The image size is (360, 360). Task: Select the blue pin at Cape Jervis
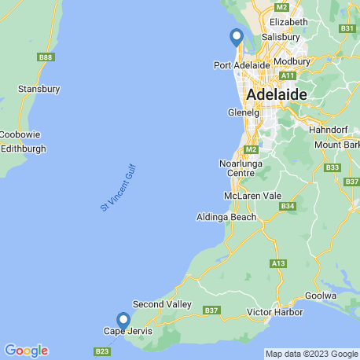[x=123, y=321]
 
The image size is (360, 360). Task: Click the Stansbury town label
[x=39, y=90]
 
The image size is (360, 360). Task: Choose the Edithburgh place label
[x=24, y=149]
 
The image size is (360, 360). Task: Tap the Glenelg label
[x=242, y=112]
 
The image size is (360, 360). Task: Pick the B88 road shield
[x=46, y=57]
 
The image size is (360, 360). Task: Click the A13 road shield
[x=279, y=263]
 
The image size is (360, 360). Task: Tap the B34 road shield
[x=288, y=207]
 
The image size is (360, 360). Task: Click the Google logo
[x=26, y=351]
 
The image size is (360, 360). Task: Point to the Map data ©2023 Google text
[x=309, y=354]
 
